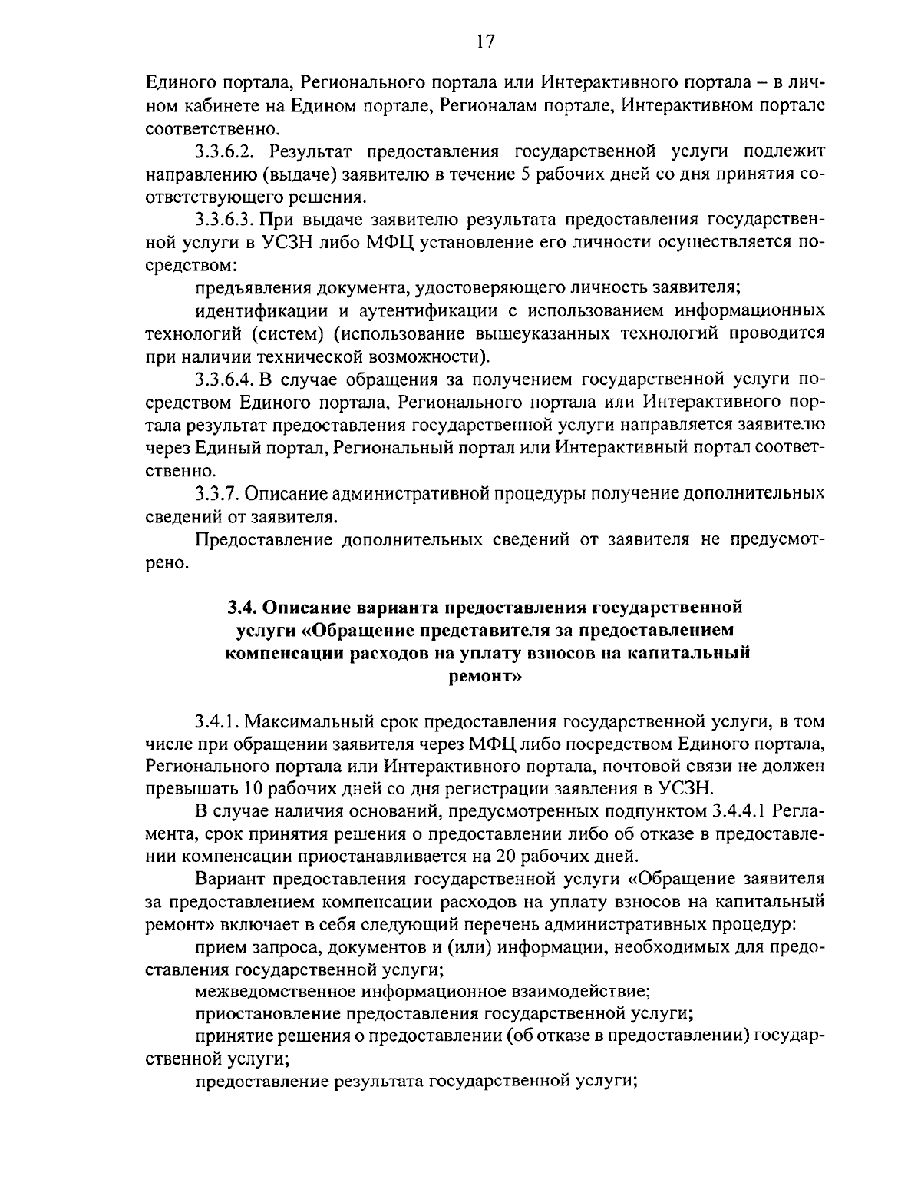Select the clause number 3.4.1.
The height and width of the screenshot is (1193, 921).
click(x=217, y=721)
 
